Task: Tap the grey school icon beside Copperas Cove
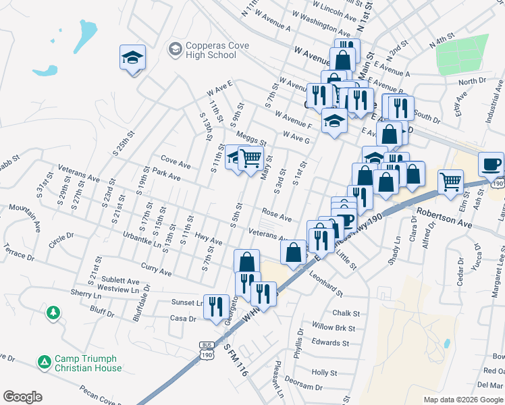(x=176, y=49)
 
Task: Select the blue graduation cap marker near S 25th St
(x=132, y=58)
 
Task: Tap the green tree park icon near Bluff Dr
(x=53, y=313)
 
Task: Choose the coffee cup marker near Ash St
(x=491, y=164)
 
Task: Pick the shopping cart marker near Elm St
(x=450, y=181)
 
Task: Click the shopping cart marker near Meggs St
(x=250, y=158)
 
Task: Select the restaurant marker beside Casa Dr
(x=216, y=306)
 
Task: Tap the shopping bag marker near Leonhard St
(x=294, y=253)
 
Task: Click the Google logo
(x=22, y=397)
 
